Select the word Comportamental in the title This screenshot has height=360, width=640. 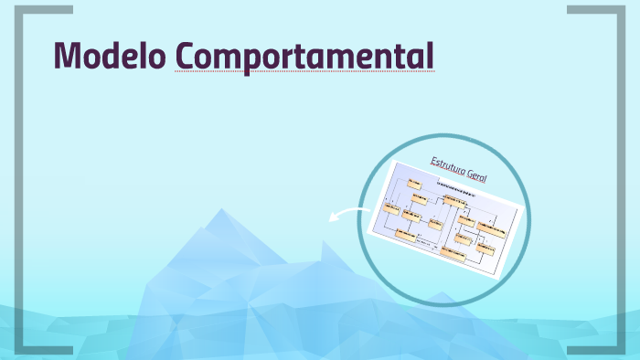[304, 57]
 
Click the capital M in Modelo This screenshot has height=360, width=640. [67, 56]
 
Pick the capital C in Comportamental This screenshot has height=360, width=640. [187, 56]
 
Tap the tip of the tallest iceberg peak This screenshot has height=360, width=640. [219, 211]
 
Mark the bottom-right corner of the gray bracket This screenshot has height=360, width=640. [619, 350]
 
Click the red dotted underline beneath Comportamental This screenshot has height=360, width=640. [304, 71]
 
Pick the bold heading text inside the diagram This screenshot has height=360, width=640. [456, 187]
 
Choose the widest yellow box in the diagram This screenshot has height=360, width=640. [491, 229]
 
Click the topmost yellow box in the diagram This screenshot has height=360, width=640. [415, 184]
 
